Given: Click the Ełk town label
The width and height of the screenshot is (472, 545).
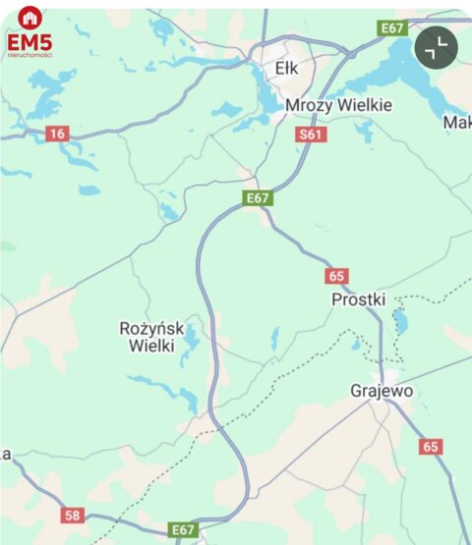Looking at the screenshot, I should point(287,68).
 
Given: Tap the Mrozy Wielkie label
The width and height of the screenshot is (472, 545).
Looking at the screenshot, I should point(339,105).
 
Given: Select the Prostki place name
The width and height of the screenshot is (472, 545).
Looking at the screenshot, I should point(359,299).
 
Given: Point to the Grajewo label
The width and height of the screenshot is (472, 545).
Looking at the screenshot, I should point(381,391).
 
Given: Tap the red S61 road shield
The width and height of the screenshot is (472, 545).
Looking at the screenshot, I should point(310,135).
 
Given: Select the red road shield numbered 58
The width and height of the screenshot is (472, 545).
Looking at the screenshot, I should point(72,515).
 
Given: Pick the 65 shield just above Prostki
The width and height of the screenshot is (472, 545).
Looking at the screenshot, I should point(337,276).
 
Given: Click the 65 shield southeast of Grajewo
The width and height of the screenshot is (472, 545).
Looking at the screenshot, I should point(431,447).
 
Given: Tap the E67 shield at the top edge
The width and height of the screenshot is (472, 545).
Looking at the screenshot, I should point(392,28).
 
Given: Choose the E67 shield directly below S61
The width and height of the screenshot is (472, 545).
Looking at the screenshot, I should point(258,198).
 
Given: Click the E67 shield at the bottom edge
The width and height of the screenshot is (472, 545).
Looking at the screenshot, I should point(183,529).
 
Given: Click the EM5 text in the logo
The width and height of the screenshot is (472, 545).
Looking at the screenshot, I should point(29,42).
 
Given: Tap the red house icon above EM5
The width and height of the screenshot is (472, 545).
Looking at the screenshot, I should point(29,18).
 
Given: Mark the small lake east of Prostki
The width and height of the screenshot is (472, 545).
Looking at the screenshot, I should point(399,320).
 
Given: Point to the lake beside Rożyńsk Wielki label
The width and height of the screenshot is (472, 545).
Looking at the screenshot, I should point(190,339).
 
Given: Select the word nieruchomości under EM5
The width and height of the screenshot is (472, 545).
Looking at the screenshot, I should point(29,55).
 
